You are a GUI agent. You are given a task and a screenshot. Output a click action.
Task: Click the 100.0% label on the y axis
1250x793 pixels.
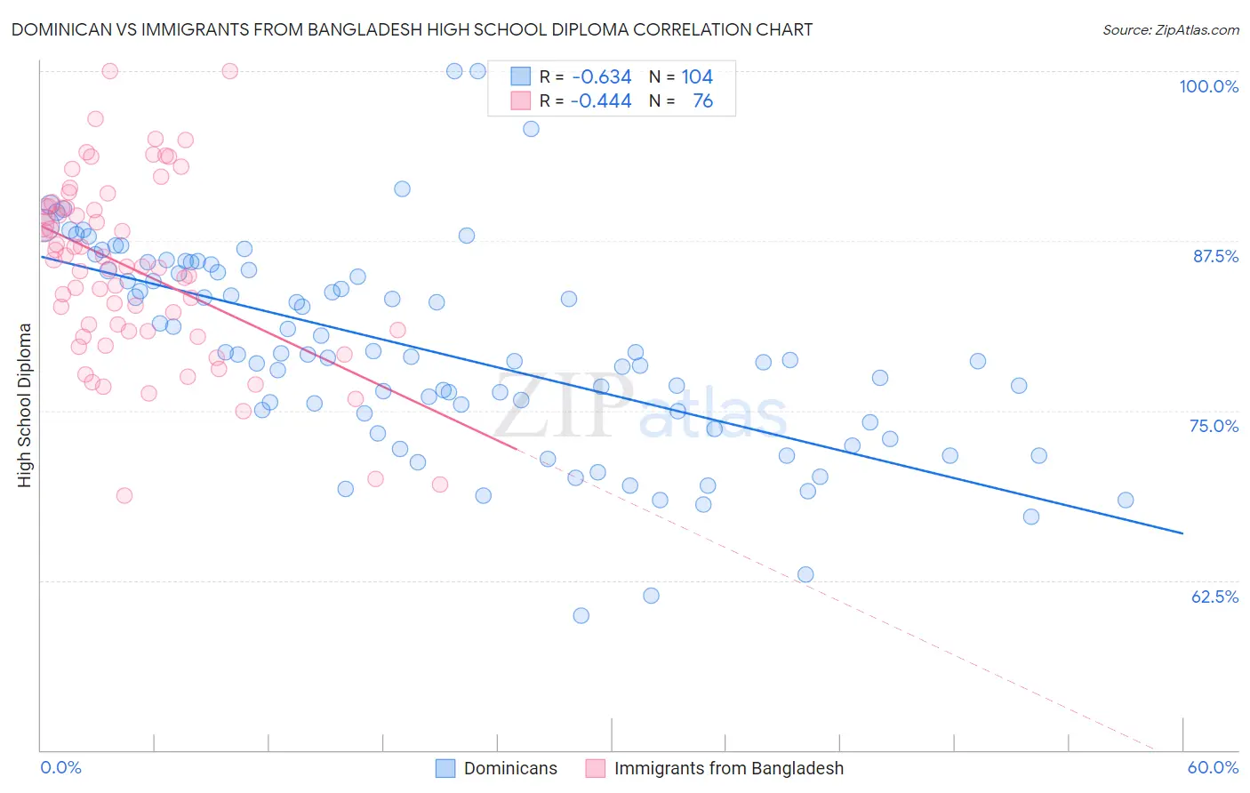point(1208,86)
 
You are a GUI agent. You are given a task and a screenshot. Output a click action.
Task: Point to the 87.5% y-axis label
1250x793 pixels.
point(1215,256)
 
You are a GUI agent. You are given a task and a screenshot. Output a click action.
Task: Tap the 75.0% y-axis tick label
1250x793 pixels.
point(1214,426)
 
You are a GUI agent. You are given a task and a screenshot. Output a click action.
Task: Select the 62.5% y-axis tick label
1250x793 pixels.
point(1214,597)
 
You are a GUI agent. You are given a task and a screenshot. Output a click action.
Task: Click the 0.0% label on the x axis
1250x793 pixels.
point(60,767)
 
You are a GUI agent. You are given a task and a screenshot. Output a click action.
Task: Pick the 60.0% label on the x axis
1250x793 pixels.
point(1213,767)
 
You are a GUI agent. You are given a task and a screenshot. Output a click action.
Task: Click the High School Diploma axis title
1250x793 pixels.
point(25,405)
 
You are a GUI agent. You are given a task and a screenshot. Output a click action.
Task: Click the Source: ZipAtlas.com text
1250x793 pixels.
point(1170,29)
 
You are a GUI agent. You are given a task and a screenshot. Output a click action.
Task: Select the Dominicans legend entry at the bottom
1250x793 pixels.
point(497,768)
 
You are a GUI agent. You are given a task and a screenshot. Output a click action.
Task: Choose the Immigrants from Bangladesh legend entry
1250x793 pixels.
point(715,768)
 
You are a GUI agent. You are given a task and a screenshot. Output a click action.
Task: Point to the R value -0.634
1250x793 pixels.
point(602,77)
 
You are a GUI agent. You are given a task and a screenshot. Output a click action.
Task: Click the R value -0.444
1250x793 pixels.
point(602,101)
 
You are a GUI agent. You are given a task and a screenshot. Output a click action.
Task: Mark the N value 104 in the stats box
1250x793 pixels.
point(697,77)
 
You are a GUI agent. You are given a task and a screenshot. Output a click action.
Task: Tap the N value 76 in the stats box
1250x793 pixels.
point(702,101)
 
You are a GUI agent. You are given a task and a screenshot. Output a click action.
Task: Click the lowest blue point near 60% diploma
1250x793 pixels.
point(581,615)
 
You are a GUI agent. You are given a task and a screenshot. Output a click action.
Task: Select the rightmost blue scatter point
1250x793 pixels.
point(1126,500)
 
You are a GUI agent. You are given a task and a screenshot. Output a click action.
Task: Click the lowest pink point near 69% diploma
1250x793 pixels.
point(124,495)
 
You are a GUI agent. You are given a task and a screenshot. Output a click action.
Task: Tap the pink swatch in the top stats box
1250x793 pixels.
point(520,101)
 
